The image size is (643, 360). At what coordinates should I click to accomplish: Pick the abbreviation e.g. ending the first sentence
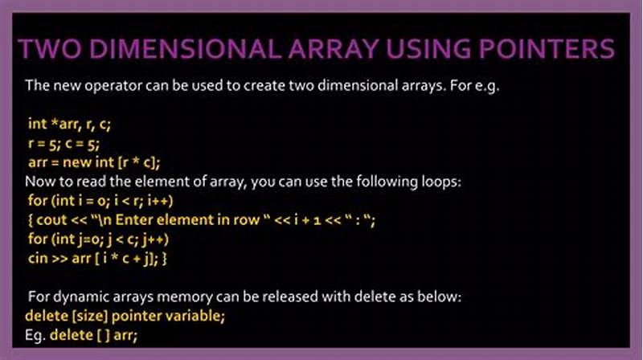click(x=485, y=85)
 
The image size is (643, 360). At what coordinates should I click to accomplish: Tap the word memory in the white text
click(x=174, y=297)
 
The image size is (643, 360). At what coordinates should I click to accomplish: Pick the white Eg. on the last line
click(x=35, y=334)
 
